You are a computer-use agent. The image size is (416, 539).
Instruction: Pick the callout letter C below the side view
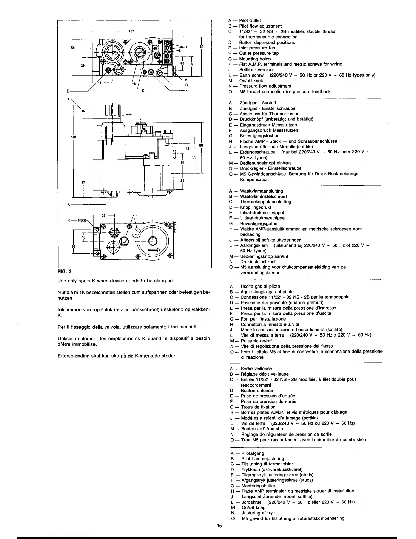pos(69,204)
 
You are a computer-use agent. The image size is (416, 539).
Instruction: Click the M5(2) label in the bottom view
pos(83,220)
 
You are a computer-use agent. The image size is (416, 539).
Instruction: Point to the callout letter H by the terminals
pos(186,47)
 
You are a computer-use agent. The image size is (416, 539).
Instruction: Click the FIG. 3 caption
pos(63,272)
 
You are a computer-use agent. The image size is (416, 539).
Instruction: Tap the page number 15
pos(220,526)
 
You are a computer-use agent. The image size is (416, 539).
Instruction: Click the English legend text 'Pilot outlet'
pos(250,20)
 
